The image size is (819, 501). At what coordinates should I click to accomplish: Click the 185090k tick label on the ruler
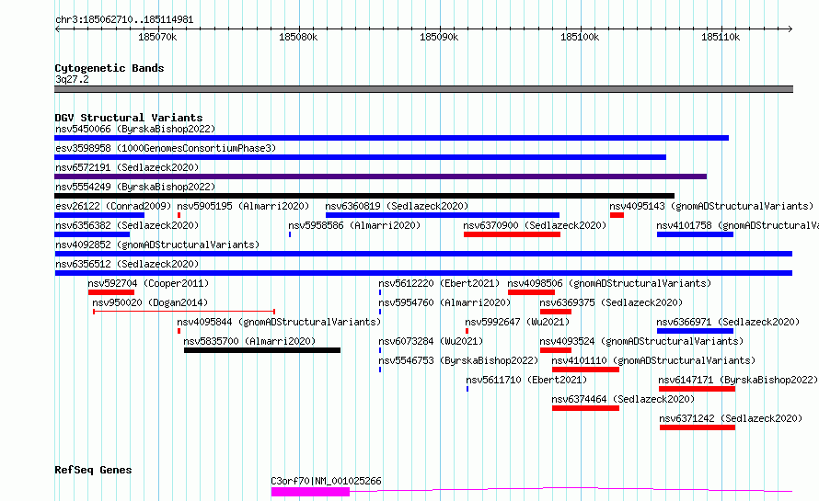(x=439, y=37)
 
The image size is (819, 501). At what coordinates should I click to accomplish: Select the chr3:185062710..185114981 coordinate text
(x=124, y=20)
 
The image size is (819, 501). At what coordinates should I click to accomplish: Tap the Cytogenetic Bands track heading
(x=110, y=68)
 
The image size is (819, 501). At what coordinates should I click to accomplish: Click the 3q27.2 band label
(x=72, y=79)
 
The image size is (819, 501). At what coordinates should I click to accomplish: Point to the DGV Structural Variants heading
(x=129, y=118)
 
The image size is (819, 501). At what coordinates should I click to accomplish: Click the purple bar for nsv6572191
(x=381, y=176)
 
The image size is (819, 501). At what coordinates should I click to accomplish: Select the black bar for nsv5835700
(x=262, y=350)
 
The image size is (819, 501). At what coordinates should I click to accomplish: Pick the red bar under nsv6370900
(x=512, y=234)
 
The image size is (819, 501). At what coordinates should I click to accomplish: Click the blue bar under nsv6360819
(x=443, y=215)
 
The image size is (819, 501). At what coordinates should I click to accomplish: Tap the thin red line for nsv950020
(x=184, y=312)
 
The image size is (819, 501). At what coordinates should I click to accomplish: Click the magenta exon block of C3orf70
(x=310, y=492)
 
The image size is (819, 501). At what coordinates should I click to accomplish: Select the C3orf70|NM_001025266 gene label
(x=326, y=481)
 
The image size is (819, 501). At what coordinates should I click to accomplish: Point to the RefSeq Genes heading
(x=93, y=470)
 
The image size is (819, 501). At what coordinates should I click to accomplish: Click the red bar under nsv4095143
(x=617, y=215)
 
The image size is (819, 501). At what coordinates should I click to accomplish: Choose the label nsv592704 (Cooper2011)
(x=148, y=283)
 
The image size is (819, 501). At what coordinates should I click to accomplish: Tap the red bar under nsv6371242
(x=698, y=427)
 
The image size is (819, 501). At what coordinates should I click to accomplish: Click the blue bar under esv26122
(x=99, y=215)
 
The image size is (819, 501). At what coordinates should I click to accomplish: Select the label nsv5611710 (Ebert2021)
(x=526, y=380)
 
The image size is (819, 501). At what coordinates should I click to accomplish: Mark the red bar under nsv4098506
(x=531, y=292)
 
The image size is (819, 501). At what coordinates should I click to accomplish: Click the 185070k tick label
(x=157, y=37)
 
